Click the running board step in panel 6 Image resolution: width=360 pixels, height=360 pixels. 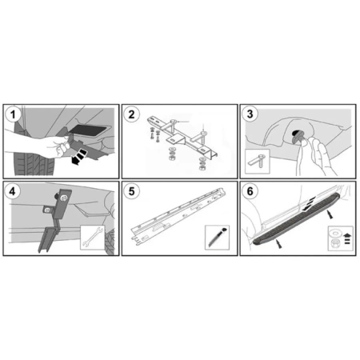[x=295, y=225]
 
